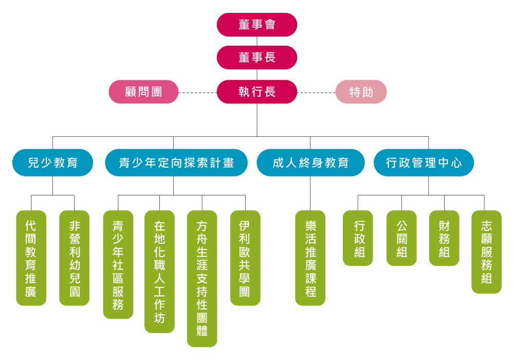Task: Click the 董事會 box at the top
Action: point(257,25)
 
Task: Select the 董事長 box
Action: point(257,57)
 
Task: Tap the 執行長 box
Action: point(257,92)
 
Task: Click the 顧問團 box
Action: point(143,92)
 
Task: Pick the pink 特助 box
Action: point(361,93)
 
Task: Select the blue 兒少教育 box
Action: point(53,163)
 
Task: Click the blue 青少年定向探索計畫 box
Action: point(176,163)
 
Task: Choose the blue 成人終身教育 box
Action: point(310,163)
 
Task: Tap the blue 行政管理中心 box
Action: point(424,163)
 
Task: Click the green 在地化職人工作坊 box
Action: point(159,272)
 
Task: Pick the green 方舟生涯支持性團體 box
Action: point(202,278)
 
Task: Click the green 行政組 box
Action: point(358,238)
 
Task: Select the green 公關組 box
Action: point(401,238)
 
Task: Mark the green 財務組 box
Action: point(444,238)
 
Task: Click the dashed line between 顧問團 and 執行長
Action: point(197,93)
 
